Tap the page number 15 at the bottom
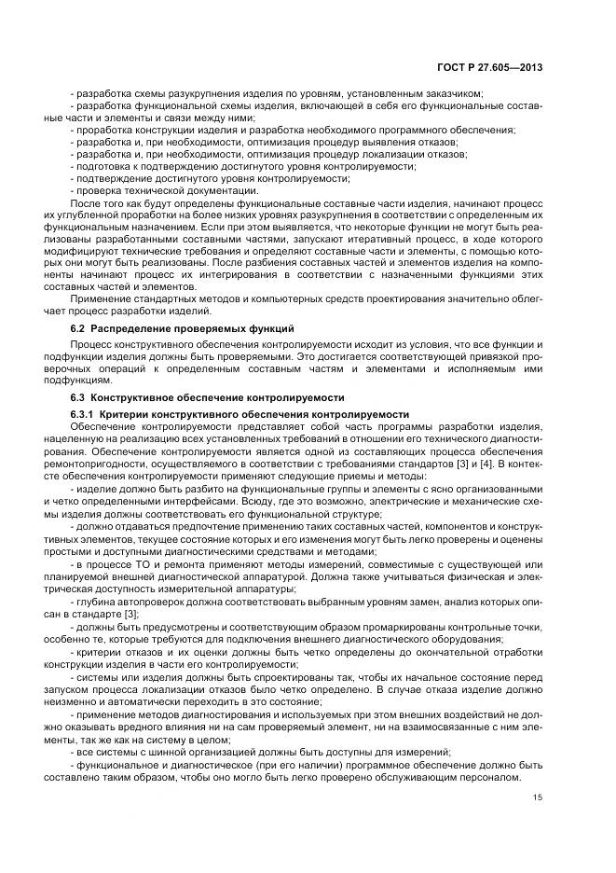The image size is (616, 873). tap(538, 797)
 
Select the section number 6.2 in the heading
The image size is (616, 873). tap(78, 331)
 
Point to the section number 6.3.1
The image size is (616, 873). tap(84, 412)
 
